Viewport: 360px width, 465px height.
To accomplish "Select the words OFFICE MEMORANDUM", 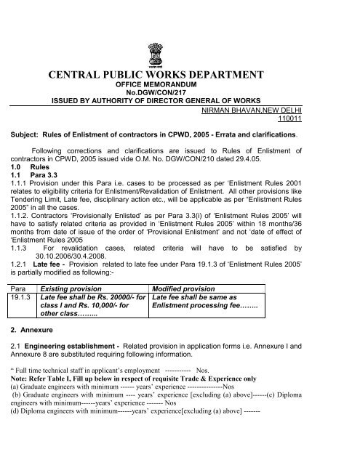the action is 179,86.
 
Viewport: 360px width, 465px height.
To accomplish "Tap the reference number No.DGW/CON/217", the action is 179,94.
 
